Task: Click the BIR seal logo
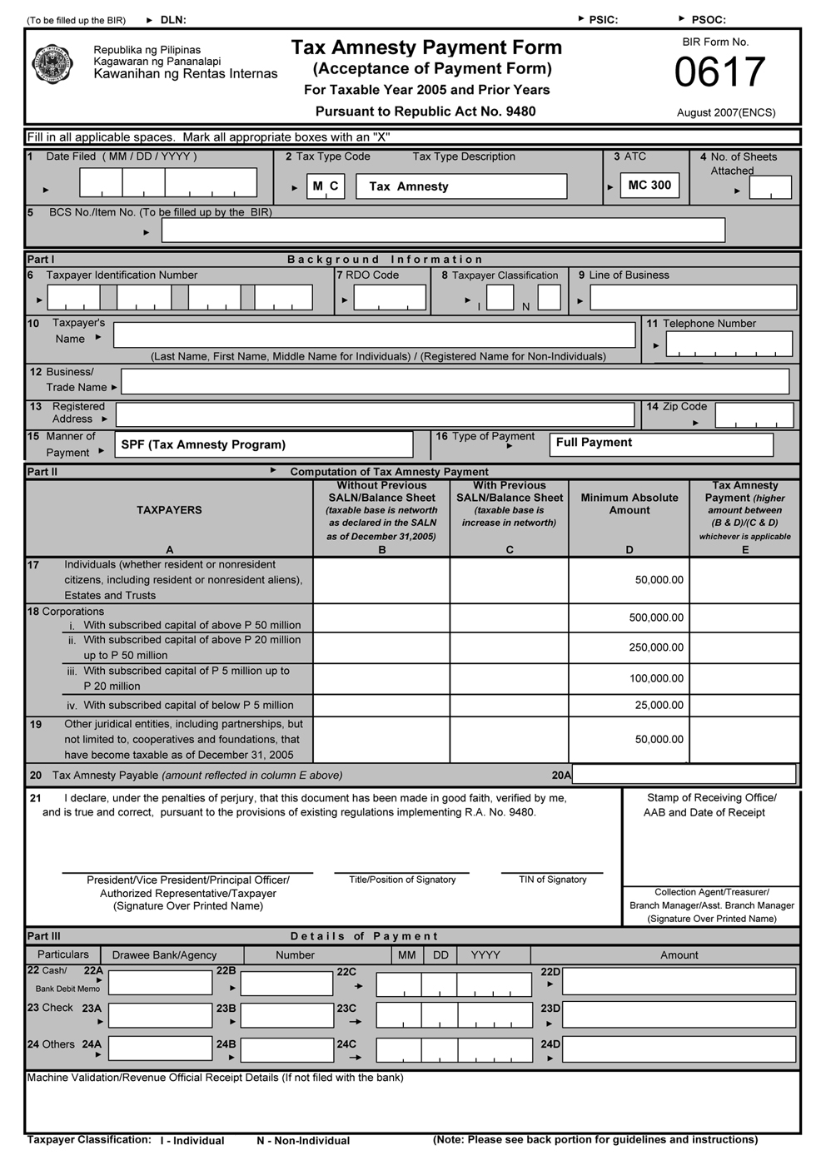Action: point(52,64)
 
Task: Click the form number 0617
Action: point(719,72)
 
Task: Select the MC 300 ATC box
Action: point(649,186)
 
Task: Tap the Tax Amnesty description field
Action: point(461,186)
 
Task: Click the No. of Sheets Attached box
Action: point(769,188)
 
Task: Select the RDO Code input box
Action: point(389,298)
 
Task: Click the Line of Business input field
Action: point(693,298)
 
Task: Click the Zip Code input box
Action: point(754,414)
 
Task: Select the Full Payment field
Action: point(661,444)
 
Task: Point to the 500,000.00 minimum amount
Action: point(656,617)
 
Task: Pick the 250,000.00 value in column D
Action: point(656,647)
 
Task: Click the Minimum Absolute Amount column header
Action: point(629,504)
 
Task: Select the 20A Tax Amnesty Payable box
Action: point(684,775)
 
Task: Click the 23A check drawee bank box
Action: point(160,1014)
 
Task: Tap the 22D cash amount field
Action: point(679,982)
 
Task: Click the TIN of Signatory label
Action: point(552,880)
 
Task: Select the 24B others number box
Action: point(286,1048)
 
